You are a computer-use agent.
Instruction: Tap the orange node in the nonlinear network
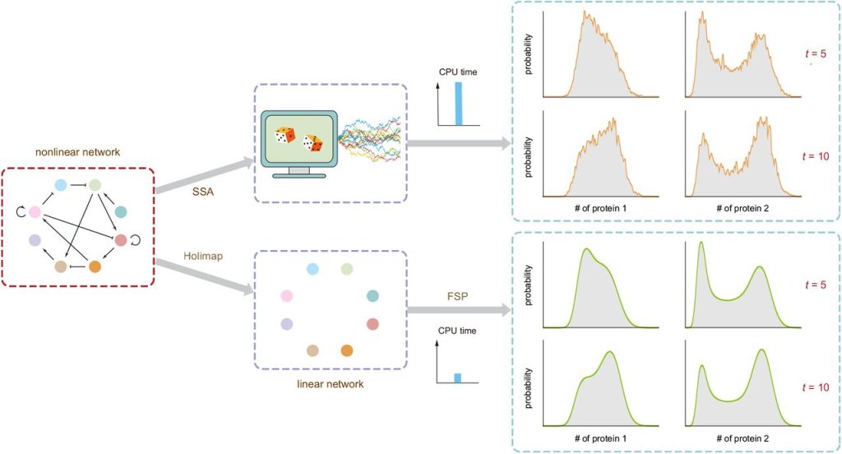coord(95,266)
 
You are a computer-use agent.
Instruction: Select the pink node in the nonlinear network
coord(35,212)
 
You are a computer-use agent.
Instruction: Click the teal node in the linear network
coord(372,295)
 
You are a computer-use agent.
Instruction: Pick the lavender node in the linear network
coord(286,324)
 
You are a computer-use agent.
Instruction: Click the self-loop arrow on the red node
coord(135,241)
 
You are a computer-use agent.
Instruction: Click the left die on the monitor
coord(285,135)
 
